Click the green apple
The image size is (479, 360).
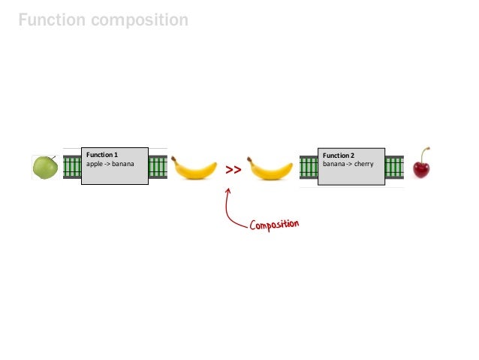point(45,167)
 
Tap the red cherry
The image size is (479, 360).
point(422,168)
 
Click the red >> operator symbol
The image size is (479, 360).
point(233,171)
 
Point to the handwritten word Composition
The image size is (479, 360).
point(275,225)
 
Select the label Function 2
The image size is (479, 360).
point(339,156)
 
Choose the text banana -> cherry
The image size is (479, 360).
point(348,164)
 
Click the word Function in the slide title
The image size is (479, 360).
point(51,20)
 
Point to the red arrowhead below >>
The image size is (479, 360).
point(227,189)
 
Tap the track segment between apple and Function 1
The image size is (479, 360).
point(71,167)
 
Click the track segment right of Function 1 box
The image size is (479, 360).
point(158,167)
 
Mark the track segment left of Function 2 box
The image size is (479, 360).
point(309,167)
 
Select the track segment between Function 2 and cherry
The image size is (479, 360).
point(394,167)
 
